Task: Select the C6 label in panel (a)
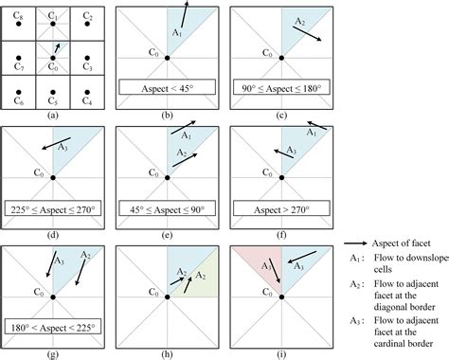[18, 97]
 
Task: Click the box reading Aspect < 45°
[167, 91]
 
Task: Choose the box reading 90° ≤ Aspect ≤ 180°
[280, 91]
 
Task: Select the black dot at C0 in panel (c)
[280, 58]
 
